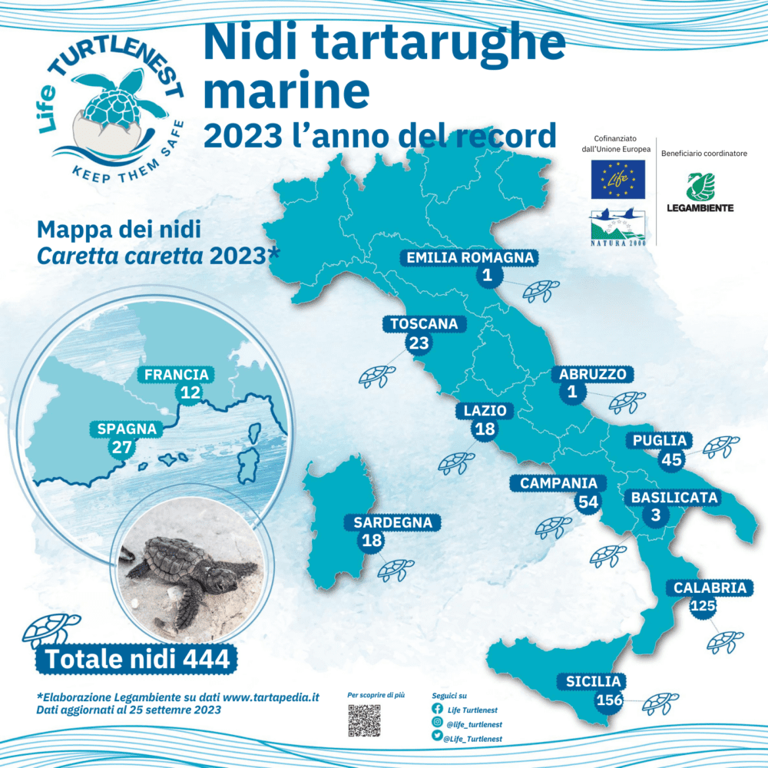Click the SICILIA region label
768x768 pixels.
593,681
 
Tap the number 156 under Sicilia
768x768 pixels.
608,700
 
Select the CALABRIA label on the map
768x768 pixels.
710,588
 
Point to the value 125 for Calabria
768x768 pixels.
703,607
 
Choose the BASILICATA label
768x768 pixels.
674,498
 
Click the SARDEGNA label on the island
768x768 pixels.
392,523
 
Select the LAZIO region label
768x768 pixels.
485,411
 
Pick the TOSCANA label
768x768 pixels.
424,324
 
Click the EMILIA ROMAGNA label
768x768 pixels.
470,258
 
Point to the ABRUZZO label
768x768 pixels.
592,375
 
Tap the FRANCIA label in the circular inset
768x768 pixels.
177,375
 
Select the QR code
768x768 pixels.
364,720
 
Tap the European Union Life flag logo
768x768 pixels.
617,180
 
